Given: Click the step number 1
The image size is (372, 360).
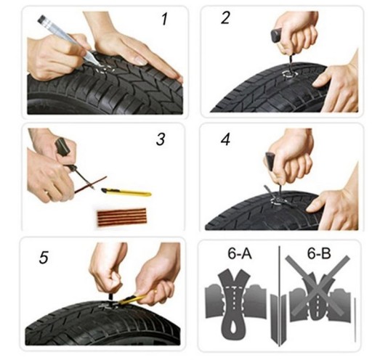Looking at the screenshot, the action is pos(165,19).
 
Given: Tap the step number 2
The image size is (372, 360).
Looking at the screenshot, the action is pos(225,18).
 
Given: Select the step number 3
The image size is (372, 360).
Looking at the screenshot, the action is pos(161,139).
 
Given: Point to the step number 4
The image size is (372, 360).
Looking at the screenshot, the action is pos(225,139).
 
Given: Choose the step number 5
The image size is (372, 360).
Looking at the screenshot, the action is pos(44,257).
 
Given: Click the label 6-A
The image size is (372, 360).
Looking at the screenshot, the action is pos(240,254).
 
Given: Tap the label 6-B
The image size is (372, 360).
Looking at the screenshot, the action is pos(319,254).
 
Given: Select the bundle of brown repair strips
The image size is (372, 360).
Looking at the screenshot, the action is pos(122,217).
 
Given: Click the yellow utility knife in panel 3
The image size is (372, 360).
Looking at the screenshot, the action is pos(126,192).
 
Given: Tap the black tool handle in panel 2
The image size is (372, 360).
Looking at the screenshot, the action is pos(277,36).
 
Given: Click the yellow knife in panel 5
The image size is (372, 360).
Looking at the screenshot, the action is pos(133,298).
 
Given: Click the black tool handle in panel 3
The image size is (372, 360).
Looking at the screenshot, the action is pos(62,146).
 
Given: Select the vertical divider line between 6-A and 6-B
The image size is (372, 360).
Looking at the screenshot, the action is pos(280,295).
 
